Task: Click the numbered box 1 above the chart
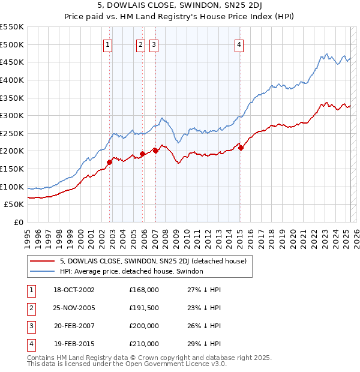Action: (107, 44)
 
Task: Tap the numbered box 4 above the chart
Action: (239, 44)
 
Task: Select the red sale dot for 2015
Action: (241, 147)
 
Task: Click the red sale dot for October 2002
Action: (110, 162)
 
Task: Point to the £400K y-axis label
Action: (12, 80)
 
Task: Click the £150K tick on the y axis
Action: (12, 169)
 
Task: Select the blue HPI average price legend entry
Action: (131, 271)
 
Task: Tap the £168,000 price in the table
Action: (144, 289)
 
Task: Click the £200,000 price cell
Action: (144, 326)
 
